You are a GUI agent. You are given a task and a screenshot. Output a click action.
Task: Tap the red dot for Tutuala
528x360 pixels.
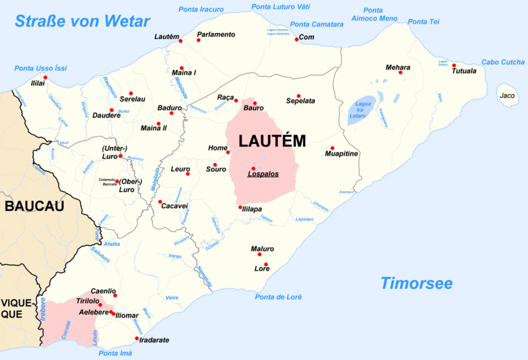pyautogui.click(x=454, y=65)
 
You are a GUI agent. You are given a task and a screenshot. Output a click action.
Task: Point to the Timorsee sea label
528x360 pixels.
pyautogui.click(x=416, y=283)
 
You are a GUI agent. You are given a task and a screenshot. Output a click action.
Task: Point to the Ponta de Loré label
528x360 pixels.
pyautogui.click(x=279, y=297)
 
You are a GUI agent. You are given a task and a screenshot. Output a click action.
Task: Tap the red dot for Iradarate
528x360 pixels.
pyautogui.click(x=137, y=339)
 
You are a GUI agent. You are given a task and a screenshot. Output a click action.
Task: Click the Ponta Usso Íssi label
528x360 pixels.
pyautogui.click(x=41, y=68)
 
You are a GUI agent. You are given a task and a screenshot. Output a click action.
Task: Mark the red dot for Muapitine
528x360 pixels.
pyautogui.click(x=333, y=148)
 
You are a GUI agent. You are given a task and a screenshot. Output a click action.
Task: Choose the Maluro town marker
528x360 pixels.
pyautogui.click(x=259, y=254)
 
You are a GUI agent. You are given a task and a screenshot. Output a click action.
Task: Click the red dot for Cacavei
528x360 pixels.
pyautogui.click(x=160, y=201)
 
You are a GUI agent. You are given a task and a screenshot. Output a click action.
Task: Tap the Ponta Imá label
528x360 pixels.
pyautogui.click(x=115, y=354)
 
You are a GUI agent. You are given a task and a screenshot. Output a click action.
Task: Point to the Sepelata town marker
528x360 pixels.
pyautogui.click(x=298, y=96)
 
